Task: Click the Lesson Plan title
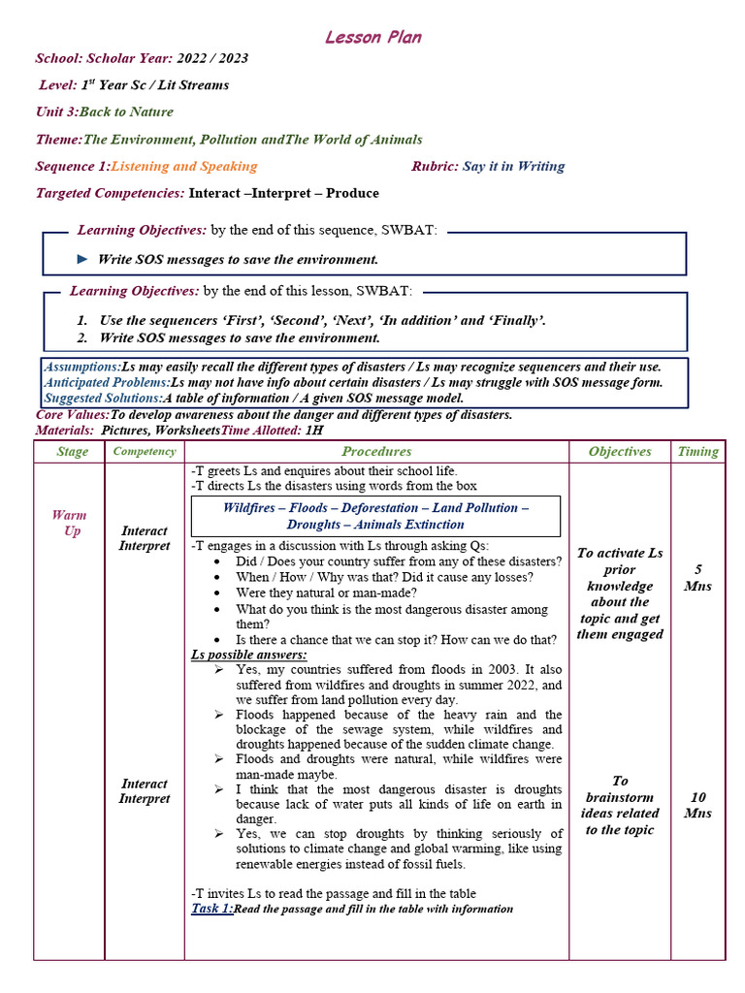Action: click(372, 38)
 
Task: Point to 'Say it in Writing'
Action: click(513, 167)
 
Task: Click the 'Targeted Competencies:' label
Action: click(110, 194)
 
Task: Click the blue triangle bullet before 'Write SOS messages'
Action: click(82, 259)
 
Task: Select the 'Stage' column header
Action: click(72, 452)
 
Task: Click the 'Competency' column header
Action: click(145, 452)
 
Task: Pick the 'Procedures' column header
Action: click(376, 452)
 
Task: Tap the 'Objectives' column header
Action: click(620, 452)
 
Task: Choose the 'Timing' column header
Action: click(697, 452)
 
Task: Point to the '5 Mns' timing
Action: click(697, 578)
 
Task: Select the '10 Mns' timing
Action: click(697, 805)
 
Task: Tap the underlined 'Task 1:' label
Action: click(211, 909)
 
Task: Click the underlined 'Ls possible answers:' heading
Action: click(248, 655)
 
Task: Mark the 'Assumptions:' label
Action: click(81, 368)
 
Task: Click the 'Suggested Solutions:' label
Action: click(103, 399)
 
